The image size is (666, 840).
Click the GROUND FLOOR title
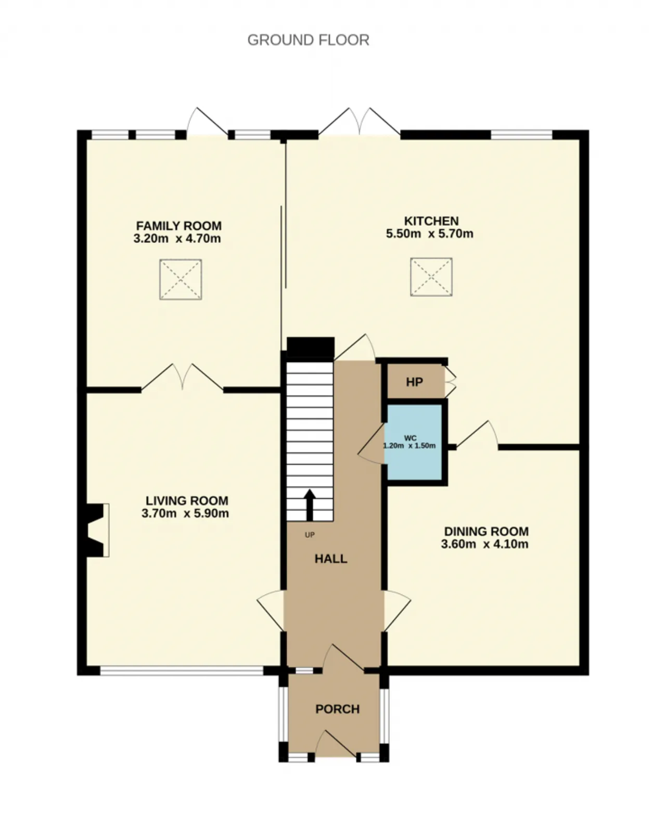coord(308,40)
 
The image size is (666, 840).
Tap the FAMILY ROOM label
coord(179,226)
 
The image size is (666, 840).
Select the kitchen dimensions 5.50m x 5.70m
coord(430,234)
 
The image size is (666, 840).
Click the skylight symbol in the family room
coord(181,279)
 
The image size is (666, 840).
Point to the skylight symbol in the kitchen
coord(431,277)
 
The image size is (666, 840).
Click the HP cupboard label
coord(415,382)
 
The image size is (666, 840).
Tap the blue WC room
coord(414,443)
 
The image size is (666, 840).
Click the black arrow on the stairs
coord(310,505)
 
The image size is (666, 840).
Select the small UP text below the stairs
coord(310,535)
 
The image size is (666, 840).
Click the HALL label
coord(331,559)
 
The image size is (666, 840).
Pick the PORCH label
coord(338,709)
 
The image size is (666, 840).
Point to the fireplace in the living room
coord(96,530)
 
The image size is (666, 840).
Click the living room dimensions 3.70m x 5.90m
coord(185,513)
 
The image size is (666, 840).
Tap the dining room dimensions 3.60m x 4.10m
coord(485,544)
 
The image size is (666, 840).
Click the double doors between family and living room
coord(183,377)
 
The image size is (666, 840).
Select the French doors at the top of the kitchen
coord(360,122)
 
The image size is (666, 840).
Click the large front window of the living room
coord(182,670)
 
